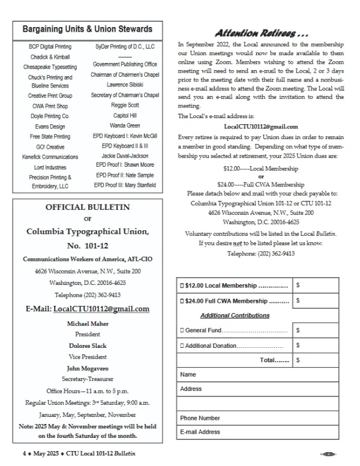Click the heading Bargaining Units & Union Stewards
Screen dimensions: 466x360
point(88,29)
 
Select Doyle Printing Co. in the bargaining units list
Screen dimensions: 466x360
point(49,115)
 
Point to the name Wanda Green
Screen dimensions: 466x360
point(125,126)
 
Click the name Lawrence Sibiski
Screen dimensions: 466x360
point(125,85)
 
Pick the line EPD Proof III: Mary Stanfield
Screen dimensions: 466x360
point(125,185)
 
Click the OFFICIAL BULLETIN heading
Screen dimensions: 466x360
point(88,208)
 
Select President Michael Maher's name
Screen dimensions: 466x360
point(88,323)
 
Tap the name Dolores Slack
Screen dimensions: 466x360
point(88,345)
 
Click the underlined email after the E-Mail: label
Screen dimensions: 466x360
point(101,309)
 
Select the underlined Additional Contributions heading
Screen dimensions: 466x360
point(235,315)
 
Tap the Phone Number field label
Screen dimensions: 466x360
point(200,417)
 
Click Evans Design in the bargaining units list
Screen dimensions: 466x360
point(49,126)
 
